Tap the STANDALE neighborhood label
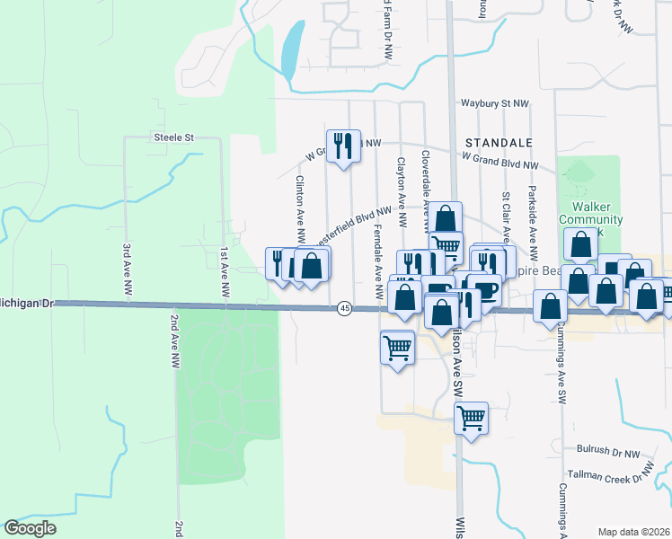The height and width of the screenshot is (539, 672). (499, 143)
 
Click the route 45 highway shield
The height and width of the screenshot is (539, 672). (345, 308)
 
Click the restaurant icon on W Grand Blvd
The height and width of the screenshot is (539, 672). (343, 146)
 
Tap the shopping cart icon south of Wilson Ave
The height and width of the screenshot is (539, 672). (471, 418)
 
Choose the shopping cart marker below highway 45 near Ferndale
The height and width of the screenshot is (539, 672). (397, 346)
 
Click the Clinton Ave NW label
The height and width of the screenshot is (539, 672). (300, 208)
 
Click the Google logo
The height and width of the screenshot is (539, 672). (30, 528)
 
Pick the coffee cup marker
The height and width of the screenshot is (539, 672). (484, 291)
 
